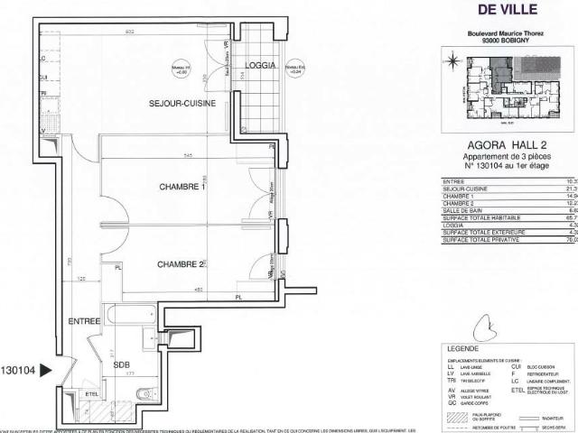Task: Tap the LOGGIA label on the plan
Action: coord(261,66)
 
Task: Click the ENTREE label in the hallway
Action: coord(85,321)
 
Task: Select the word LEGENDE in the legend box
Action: coord(461,348)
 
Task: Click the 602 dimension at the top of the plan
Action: coord(129,32)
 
